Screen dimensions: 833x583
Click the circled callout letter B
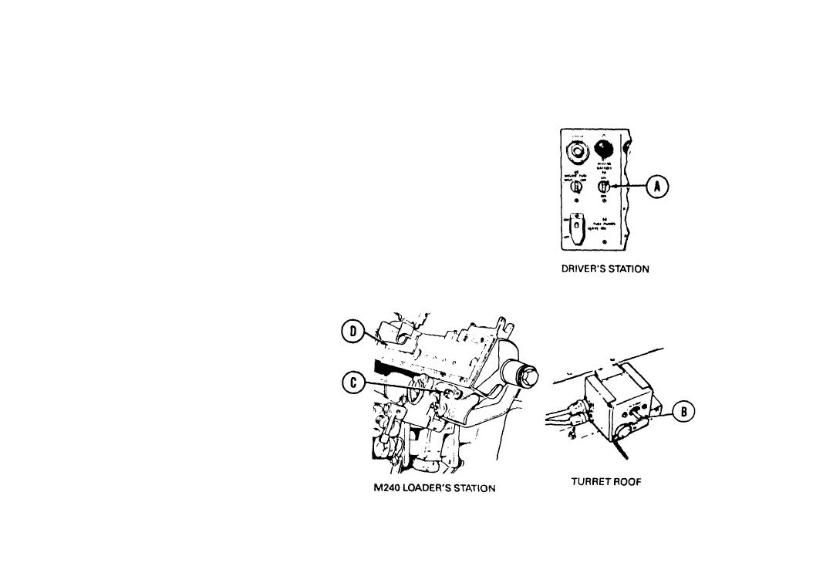tap(684, 412)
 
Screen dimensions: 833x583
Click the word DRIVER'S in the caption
tap(584, 270)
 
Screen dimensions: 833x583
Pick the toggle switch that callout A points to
tap(607, 186)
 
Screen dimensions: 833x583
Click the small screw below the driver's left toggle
tap(575, 200)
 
